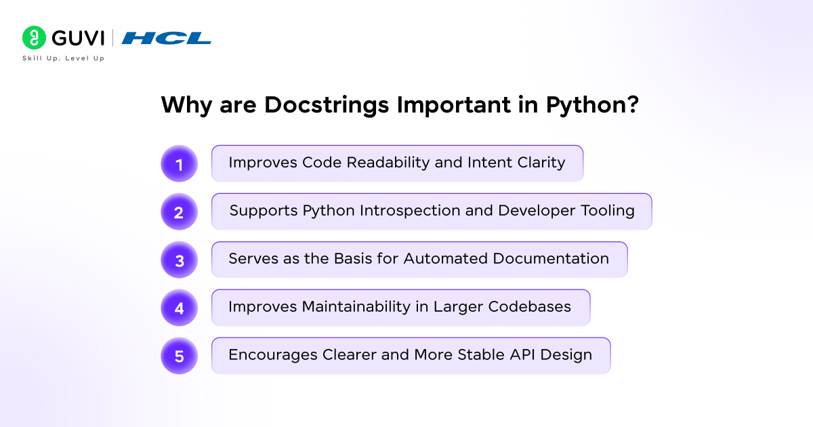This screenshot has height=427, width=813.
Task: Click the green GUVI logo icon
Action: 33,38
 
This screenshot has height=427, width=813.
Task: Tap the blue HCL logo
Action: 166,38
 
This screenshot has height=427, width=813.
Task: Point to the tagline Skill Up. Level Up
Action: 64,58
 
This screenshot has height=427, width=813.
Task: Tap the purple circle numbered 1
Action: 179,164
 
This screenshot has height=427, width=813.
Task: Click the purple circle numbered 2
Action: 179,212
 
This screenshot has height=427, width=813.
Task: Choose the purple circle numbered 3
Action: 179,260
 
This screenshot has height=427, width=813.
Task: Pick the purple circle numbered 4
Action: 179,308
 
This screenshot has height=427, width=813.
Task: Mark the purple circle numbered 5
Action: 179,357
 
